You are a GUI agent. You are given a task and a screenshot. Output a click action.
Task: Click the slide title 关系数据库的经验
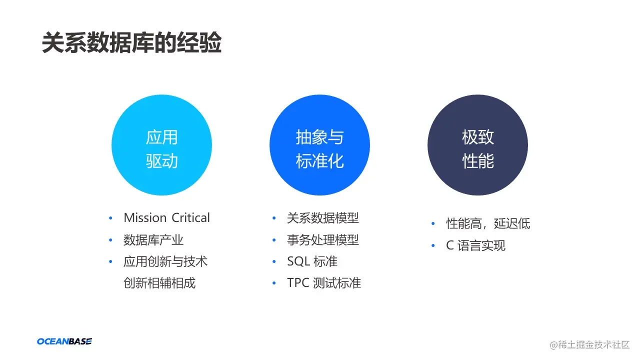(x=131, y=44)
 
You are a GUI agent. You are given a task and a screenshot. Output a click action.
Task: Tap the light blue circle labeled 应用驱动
(x=161, y=145)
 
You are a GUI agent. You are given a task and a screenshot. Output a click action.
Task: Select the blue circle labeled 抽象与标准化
(x=319, y=145)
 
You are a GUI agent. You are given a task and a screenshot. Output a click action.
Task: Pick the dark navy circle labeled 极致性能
(x=477, y=145)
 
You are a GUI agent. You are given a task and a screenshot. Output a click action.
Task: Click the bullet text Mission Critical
(x=166, y=218)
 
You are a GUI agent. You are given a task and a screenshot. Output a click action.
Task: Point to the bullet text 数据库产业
(x=153, y=240)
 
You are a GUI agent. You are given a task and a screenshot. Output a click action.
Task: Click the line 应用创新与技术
(x=165, y=261)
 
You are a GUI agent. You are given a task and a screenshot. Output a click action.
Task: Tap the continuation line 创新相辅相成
(x=159, y=283)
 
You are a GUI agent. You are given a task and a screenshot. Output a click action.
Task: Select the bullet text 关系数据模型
(x=322, y=218)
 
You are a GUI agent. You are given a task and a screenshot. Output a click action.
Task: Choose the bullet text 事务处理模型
(x=322, y=240)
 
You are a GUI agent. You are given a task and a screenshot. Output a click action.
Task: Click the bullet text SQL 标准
(x=312, y=261)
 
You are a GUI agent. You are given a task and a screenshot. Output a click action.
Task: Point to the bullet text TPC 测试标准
(x=323, y=283)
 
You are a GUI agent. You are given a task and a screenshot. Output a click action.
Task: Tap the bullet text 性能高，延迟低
(x=488, y=223)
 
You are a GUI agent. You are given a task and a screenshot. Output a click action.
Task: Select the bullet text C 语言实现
(x=475, y=245)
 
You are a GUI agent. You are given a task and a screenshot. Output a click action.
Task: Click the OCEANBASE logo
(x=64, y=341)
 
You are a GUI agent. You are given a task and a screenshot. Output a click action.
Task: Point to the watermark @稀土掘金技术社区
(x=589, y=344)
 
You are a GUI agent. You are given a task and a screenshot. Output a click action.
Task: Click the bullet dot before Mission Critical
(x=111, y=218)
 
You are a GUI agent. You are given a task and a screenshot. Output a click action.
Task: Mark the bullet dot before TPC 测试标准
(x=274, y=283)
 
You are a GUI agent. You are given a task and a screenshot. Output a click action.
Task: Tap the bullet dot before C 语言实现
(x=433, y=246)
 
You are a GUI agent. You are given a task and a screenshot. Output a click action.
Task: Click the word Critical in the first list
(x=191, y=218)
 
